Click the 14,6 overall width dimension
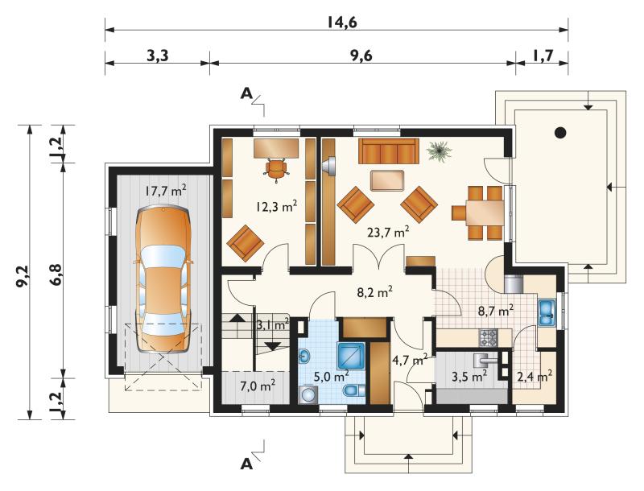coord(341,23)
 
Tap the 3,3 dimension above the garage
coord(158,56)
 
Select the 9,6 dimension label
coord(361,56)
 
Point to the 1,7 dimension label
coord(543,55)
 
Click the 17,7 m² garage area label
coord(166,191)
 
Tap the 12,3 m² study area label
coord(276,207)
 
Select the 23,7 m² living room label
coord(388,233)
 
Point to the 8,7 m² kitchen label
coord(496,311)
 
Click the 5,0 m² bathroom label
coord(332,376)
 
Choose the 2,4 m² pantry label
coord(534,376)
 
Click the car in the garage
coord(164,280)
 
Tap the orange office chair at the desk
coord(275,169)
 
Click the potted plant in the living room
coord(439,151)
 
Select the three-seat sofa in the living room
coord(389,151)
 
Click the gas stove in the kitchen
coord(488,338)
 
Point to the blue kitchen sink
coord(547,313)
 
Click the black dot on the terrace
coord(560,133)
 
